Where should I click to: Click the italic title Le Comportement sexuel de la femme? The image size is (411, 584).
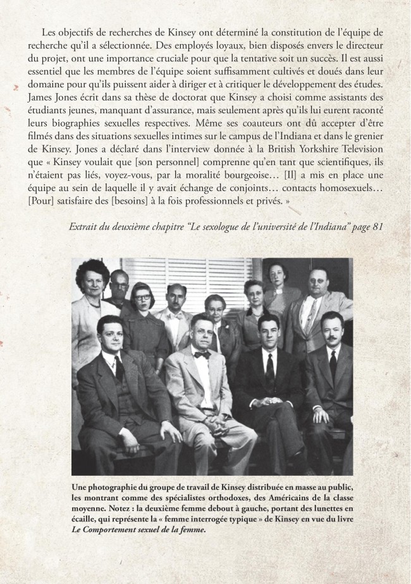coord(138,525)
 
